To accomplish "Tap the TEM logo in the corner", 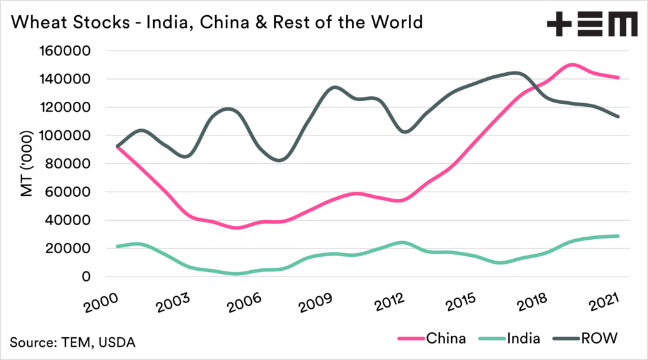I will pyautogui.click(x=591, y=23).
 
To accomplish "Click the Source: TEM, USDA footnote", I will pyautogui.click(x=73, y=342).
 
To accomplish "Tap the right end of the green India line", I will pyautogui.click(x=618, y=236).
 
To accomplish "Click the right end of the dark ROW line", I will pyautogui.click(x=618, y=116).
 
